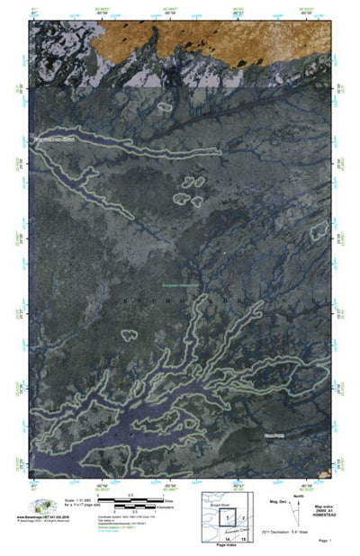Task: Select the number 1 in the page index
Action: click(228, 517)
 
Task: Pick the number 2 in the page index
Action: click(244, 518)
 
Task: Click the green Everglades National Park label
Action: click(180, 285)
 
